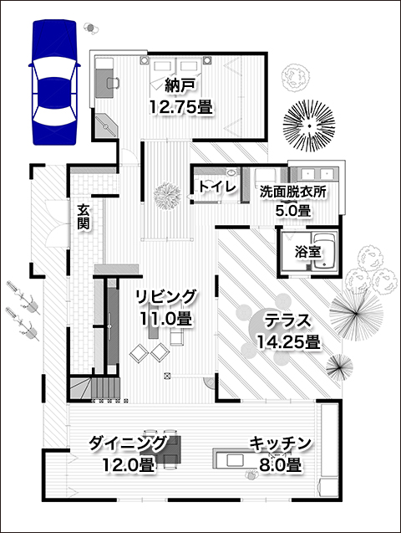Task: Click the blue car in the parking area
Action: click(x=54, y=82)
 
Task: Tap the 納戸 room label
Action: click(x=180, y=85)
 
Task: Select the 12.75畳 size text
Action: click(x=180, y=107)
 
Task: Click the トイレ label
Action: click(x=216, y=187)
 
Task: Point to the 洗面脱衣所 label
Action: click(x=292, y=192)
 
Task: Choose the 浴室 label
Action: click(x=307, y=252)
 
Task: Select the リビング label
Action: click(x=166, y=297)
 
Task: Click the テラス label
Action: click(x=287, y=320)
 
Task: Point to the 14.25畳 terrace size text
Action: click(x=288, y=341)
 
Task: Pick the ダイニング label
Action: click(x=128, y=443)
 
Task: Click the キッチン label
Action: click(x=280, y=443)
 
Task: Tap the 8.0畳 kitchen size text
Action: click(x=280, y=464)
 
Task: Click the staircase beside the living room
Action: click(x=95, y=389)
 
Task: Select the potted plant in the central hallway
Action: click(x=167, y=197)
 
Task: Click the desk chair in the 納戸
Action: click(x=113, y=83)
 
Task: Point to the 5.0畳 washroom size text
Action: click(x=292, y=211)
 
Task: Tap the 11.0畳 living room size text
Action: click(x=166, y=319)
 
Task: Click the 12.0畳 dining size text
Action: click(x=128, y=464)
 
